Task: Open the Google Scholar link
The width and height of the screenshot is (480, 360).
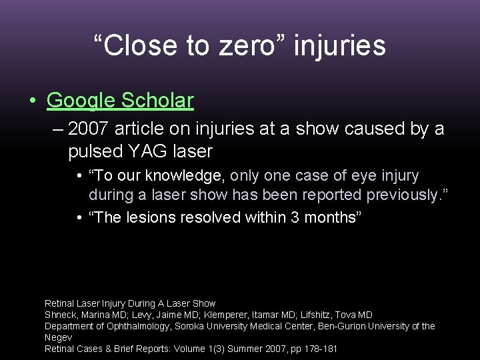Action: (120, 100)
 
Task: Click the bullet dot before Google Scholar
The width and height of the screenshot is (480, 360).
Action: (32, 101)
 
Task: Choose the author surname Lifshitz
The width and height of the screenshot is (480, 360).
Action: (303, 315)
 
